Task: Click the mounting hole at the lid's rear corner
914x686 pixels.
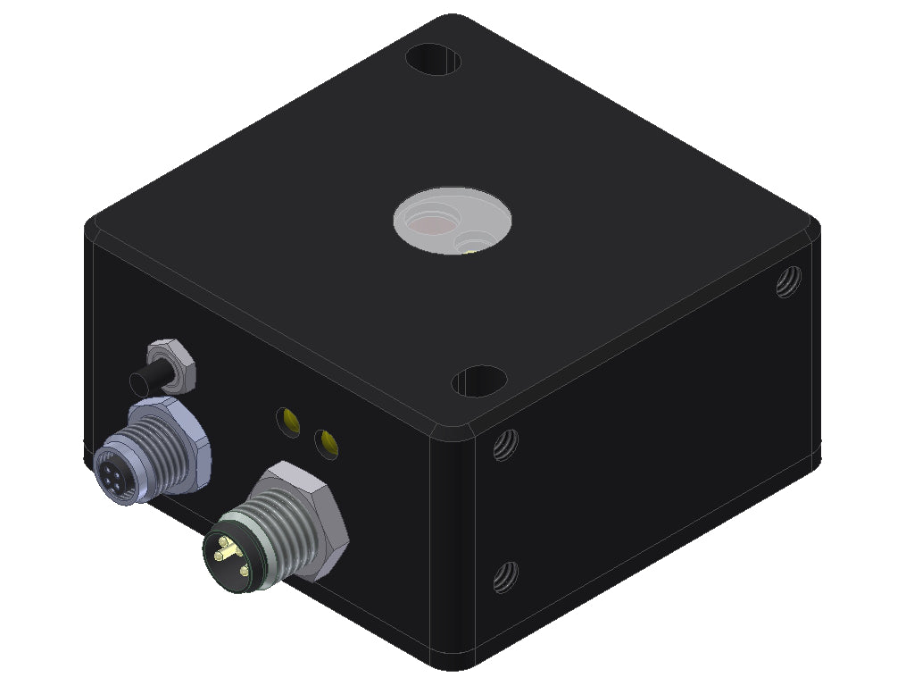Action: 433,60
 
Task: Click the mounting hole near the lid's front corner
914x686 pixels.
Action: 479,381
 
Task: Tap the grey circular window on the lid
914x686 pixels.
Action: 453,219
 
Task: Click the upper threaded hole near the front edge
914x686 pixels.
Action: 505,444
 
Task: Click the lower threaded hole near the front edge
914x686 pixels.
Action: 505,577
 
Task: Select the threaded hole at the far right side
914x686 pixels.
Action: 787,281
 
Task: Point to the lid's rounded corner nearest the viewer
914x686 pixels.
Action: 453,427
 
